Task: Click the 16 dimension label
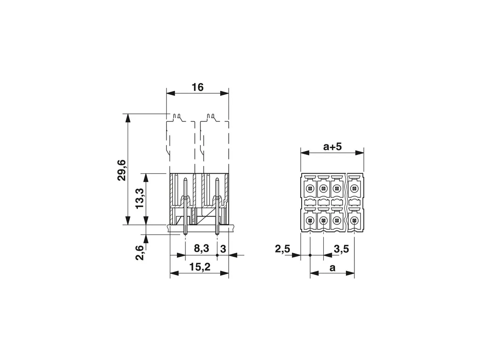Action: pyautogui.click(x=198, y=87)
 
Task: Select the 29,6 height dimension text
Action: pyautogui.click(x=122, y=170)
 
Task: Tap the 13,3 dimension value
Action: pyautogui.click(x=140, y=199)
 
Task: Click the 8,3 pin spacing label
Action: pyautogui.click(x=201, y=248)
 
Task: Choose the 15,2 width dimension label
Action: pyautogui.click(x=200, y=267)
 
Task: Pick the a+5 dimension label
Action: pyautogui.click(x=332, y=147)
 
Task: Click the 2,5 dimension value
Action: pyautogui.click(x=282, y=249)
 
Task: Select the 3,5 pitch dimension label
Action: pyautogui.click(x=341, y=249)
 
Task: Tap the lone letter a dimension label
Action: pyautogui.click(x=332, y=268)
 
